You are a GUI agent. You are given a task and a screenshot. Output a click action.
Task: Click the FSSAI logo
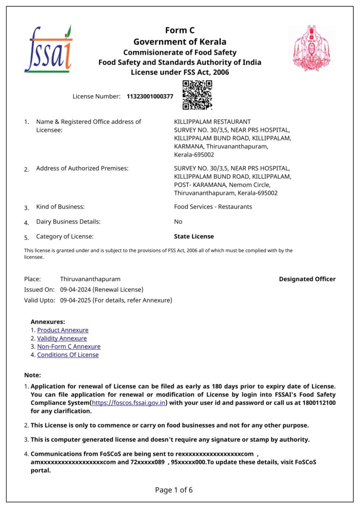coord(48,49)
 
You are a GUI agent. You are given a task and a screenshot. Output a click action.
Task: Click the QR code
coord(197,95)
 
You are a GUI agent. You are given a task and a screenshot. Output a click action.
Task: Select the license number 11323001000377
coord(150,97)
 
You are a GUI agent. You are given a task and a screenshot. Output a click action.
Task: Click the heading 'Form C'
coord(180,30)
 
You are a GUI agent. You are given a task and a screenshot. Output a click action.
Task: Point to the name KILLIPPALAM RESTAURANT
coord(212,122)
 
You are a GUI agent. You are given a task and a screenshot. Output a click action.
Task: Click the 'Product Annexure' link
coord(63,330)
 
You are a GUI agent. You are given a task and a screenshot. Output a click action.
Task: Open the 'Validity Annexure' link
coord(62,338)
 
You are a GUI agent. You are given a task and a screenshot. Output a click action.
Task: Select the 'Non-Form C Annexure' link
coord(69,346)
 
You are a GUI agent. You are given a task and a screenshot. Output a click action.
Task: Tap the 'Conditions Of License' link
coord(68,355)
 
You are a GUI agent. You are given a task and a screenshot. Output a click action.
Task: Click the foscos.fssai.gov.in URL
coord(129,403)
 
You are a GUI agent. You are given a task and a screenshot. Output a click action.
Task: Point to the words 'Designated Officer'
coord(307,279)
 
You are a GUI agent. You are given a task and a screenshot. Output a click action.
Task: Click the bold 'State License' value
coord(194,237)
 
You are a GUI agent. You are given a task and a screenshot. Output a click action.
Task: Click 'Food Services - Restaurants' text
coord(213,207)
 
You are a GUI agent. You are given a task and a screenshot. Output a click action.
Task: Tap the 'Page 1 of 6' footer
coord(174,490)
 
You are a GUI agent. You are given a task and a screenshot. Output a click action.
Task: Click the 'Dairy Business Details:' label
coord(68,222)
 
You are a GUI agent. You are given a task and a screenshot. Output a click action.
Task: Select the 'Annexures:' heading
coord(48,322)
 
